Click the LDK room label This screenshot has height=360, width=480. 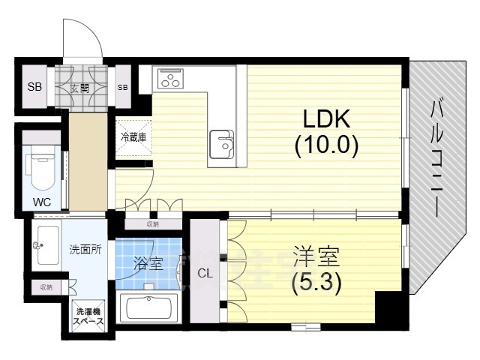pos(327,119)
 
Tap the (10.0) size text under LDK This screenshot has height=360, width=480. pos(327,143)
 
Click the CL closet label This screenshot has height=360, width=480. pos(204,274)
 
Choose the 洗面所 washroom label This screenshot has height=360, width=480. pos(85,250)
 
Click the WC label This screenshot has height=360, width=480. pos(41,202)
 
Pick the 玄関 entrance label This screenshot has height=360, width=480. pos(79,88)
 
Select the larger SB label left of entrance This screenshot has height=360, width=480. pos(34,87)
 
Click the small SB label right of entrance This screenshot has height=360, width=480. pos(123,88)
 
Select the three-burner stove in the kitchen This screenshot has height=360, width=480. pos(170,78)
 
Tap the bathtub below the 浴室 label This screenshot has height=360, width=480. pos(150,308)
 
